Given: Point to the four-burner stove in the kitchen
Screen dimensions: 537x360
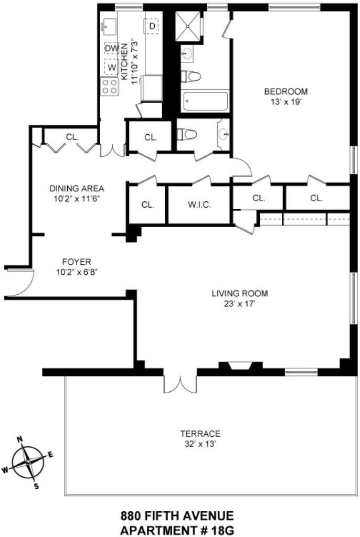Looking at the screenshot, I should [x=110, y=87].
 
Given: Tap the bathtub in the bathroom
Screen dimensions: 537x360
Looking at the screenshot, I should [x=205, y=102].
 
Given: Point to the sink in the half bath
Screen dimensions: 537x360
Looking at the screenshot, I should [x=224, y=135].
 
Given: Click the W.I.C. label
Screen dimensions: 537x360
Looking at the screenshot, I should [x=199, y=205].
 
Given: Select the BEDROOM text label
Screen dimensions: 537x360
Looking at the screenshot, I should [x=285, y=91].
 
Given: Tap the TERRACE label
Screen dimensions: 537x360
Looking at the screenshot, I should [x=200, y=434].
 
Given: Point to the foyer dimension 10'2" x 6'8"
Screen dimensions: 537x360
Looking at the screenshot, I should [x=77, y=272].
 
